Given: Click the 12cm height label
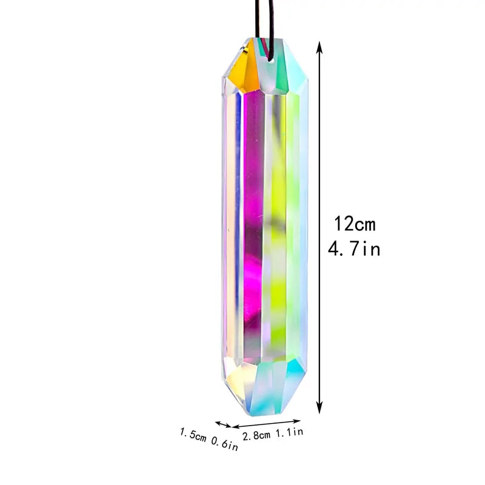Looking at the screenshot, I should point(355,225).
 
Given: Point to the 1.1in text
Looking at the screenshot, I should point(290,432).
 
